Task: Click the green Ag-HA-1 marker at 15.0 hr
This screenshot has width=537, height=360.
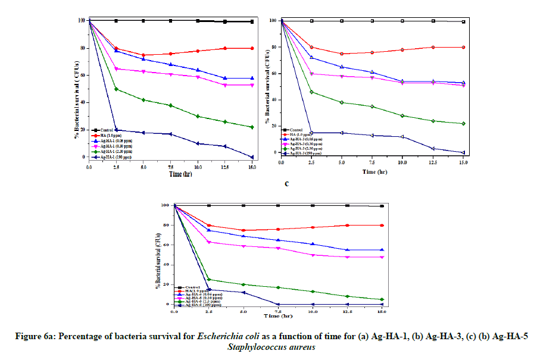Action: (252, 127)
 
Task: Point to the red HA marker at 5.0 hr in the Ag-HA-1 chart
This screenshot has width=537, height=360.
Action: (143, 55)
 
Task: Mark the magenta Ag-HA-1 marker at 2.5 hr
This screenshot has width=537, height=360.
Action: (116, 69)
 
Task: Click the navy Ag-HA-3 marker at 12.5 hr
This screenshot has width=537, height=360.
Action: (433, 148)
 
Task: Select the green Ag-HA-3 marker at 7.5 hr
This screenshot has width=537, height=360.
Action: (372, 107)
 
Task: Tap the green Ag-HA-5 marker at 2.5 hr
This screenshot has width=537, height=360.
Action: (209, 279)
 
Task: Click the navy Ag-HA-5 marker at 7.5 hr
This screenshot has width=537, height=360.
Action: (278, 304)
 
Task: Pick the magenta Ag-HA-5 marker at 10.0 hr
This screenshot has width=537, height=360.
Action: (313, 255)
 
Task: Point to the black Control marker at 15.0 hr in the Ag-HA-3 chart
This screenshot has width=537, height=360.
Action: (463, 21)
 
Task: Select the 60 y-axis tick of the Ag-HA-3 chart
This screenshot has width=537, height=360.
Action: (274, 73)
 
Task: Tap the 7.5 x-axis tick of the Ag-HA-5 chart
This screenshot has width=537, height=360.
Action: (278, 311)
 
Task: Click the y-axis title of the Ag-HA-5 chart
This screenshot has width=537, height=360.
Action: (160, 255)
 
